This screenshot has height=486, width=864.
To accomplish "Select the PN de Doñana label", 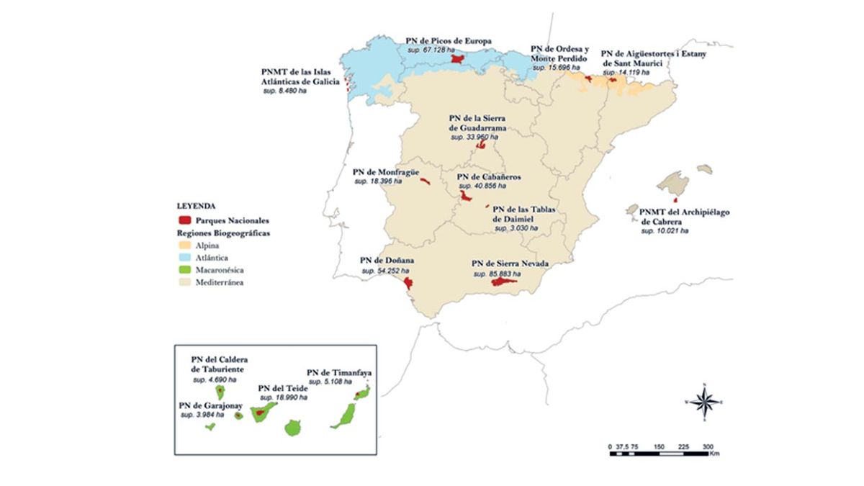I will click(x=382, y=261).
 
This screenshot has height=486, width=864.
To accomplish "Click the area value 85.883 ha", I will click(x=498, y=274).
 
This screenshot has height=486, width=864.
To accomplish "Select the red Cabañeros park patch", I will click(x=466, y=195).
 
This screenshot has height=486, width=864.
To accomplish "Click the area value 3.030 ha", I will click(x=516, y=228).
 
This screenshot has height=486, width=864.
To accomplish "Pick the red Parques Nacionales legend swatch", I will click(x=184, y=220).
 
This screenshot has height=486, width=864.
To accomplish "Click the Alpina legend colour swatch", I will click(x=184, y=246).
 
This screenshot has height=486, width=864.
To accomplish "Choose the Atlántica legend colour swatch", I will click(x=184, y=258).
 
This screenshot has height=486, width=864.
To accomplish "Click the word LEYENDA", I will click(x=197, y=206).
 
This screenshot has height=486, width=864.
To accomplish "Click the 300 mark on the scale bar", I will click(x=708, y=446).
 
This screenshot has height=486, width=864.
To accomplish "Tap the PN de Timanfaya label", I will click(x=339, y=372).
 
